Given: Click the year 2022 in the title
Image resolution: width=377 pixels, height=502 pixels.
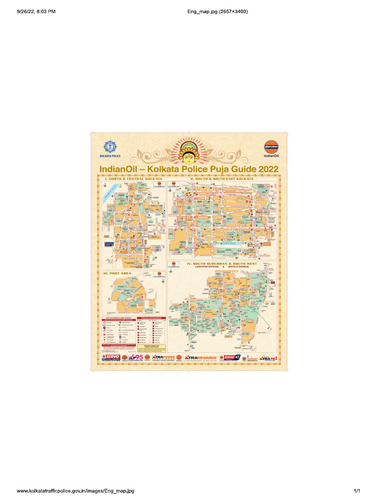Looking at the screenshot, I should pyautogui.click(x=269, y=169).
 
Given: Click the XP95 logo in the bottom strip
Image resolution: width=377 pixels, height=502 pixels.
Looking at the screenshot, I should pyautogui.click(x=137, y=358).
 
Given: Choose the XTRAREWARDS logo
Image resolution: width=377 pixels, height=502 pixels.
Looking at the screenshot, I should pyautogui.click(x=201, y=358).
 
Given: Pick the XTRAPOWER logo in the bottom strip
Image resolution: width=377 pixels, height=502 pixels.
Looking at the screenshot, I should pyautogui.click(x=163, y=358).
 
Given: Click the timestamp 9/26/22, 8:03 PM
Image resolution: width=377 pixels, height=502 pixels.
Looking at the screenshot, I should pyautogui.click(x=36, y=11).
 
